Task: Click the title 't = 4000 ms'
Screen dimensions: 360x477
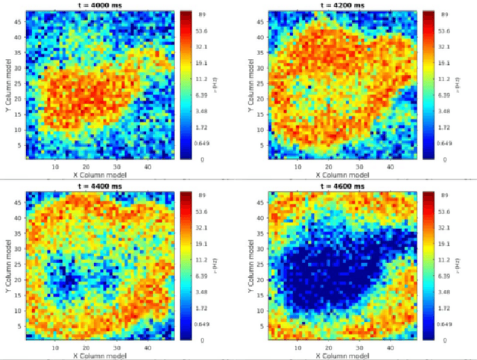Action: pos(100,5)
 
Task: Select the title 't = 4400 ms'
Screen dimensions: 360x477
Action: pos(100,186)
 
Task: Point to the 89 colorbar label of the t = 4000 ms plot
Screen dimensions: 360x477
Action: pos(204,15)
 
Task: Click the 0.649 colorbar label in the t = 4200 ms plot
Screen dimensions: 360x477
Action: pos(444,142)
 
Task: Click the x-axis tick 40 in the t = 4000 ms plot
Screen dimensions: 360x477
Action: pos(148,166)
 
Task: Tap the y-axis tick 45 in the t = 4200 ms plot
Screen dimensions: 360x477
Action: pos(262,22)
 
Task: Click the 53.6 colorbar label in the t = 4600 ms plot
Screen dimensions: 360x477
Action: pos(444,211)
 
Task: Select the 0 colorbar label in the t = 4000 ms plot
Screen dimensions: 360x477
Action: pos(201,160)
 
